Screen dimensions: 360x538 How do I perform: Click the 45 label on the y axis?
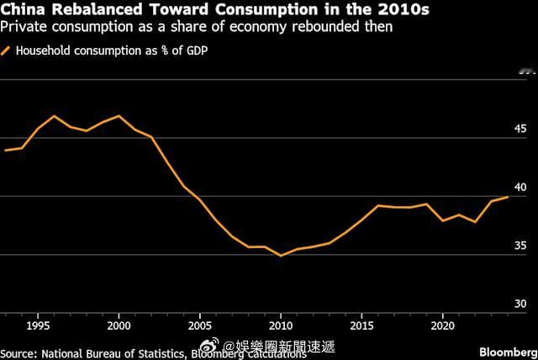pyautogui.click(x=520, y=129)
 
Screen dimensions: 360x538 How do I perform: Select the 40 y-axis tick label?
pyautogui.click(x=520, y=187)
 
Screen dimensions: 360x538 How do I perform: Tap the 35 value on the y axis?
pyautogui.click(x=520, y=246)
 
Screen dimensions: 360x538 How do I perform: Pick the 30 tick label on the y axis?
pyautogui.click(x=520, y=304)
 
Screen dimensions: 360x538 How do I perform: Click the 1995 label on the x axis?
pyautogui.click(x=38, y=325)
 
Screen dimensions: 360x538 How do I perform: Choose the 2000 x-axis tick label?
pyautogui.click(x=119, y=325)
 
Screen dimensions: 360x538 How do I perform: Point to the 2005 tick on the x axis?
pyautogui.click(x=199, y=325)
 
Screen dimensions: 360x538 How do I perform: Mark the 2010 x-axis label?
pyautogui.click(x=280, y=325)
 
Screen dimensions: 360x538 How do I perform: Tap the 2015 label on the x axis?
pyautogui.click(x=361, y=325)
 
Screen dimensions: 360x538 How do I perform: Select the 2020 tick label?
pyautogui.click(x=441, y=325)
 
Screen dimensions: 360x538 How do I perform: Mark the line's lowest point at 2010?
pyautogui.click(x=281, y=255)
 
